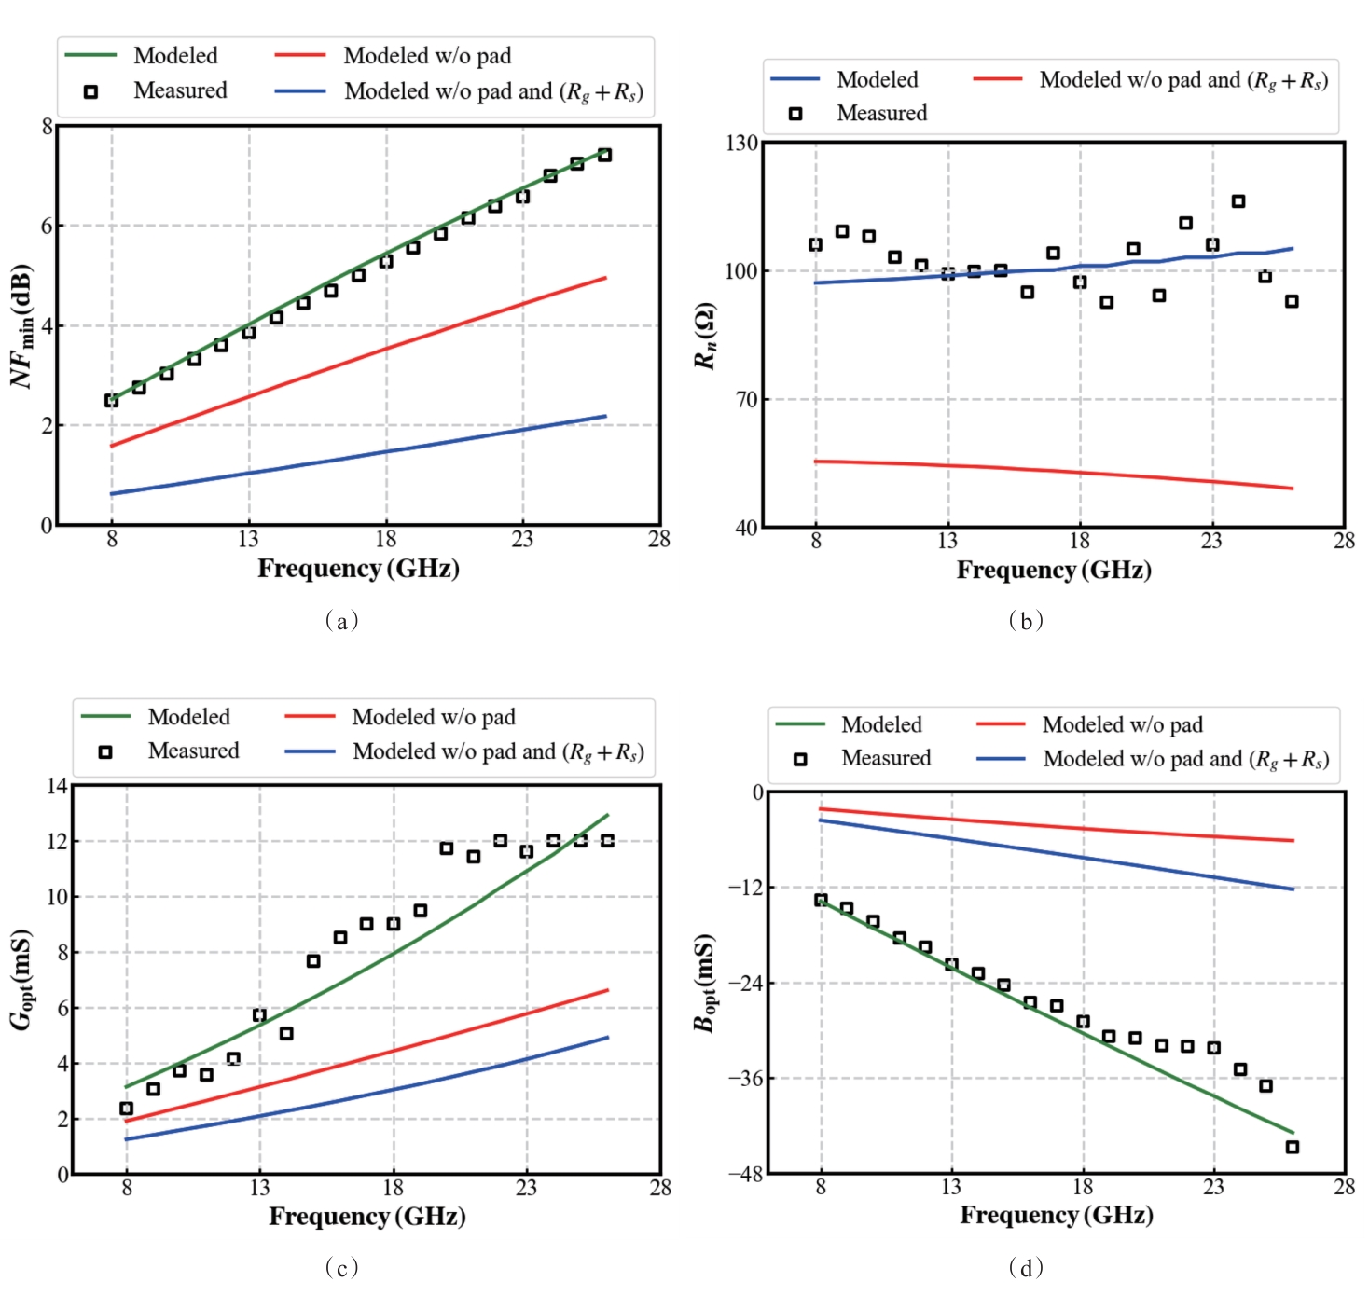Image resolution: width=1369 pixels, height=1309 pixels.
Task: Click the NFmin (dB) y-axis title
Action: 22,325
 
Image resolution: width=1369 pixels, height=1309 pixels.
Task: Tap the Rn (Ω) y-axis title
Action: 706,336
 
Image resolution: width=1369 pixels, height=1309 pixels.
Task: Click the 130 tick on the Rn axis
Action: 741,143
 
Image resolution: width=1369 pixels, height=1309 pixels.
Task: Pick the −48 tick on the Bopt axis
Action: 745,1174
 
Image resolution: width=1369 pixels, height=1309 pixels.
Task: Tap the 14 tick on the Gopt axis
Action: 57,786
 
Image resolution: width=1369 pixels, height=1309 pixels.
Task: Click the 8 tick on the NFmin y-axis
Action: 47,127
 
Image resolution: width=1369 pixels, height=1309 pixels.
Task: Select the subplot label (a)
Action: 341,621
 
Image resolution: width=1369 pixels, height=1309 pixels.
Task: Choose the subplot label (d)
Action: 1026,1267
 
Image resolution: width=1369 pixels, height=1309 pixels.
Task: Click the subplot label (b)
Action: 1026,621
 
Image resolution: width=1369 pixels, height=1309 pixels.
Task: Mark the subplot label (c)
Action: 341,1267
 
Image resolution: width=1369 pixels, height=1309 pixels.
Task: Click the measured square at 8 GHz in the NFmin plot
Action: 112,401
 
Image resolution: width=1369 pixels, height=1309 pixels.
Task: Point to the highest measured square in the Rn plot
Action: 1238,201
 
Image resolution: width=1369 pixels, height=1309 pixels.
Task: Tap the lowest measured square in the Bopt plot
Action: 1292,1147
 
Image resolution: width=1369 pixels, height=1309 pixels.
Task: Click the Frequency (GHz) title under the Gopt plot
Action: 366,1217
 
